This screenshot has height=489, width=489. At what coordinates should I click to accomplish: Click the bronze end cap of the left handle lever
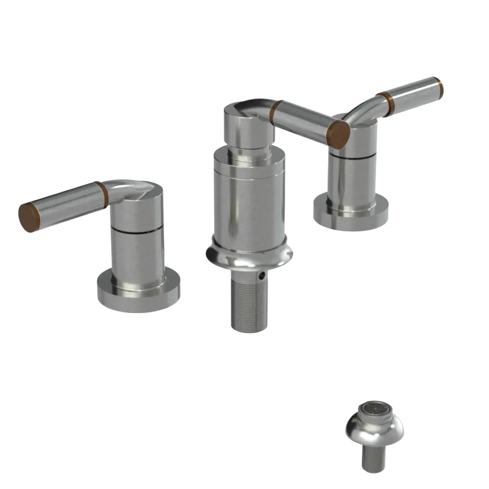(x=28, y=217)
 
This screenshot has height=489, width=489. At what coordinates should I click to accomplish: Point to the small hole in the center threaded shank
(x=264, y=277)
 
